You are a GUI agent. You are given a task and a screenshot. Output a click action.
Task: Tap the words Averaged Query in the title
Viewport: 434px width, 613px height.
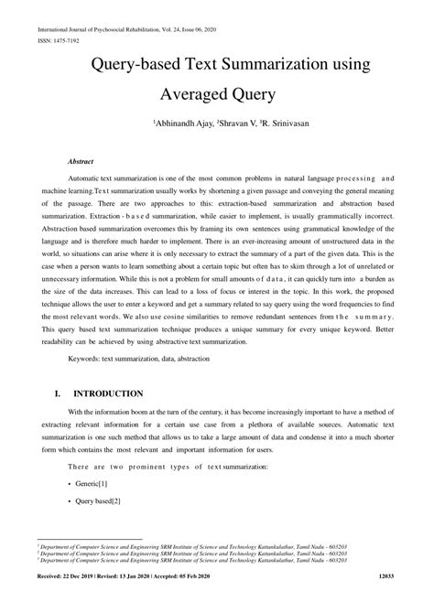point(217,94)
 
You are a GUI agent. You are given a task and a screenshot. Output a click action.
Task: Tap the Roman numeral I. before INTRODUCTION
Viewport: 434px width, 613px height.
point(59,393)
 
